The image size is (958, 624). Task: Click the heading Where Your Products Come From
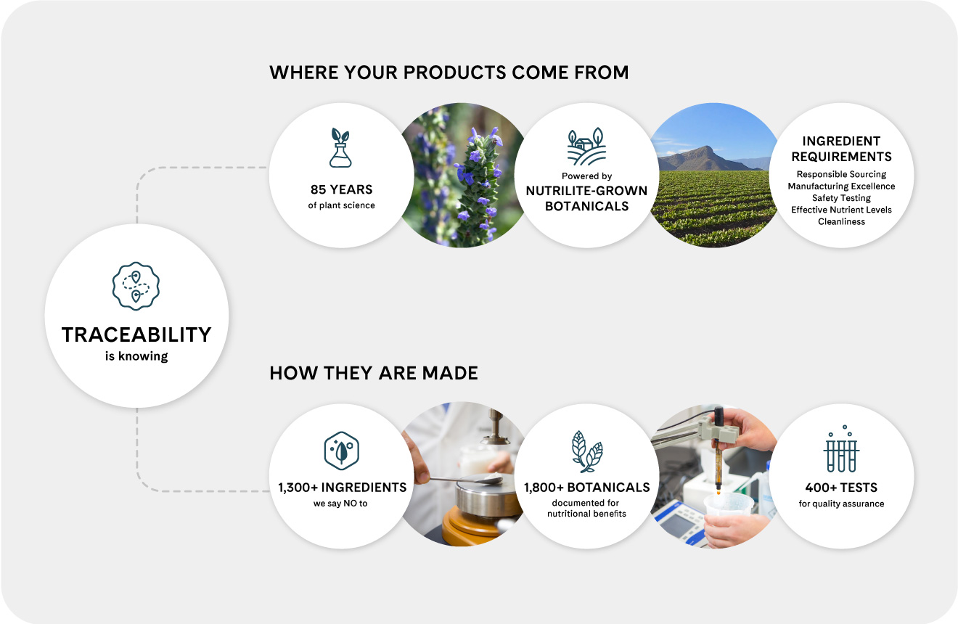click(x=449, y=73)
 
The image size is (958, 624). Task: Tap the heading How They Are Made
click(x=374, y=374)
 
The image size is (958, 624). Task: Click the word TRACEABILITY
click(x=136, y=334)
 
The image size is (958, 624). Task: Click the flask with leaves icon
click(x=340, y=148)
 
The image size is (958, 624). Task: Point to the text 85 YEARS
click(x=340, y=189)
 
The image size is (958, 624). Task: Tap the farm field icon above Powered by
click(x=586, y=148)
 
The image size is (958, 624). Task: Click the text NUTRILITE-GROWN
click(x=586, y=191)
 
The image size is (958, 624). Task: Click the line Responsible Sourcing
click(x=841, y=174)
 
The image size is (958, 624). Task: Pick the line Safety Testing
click(x=841, y=198)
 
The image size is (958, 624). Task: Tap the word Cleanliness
click(x=841, y=221)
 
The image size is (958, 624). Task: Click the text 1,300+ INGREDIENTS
click(x=342, y=487)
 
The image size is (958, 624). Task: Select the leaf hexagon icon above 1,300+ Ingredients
click(x=341, y=450)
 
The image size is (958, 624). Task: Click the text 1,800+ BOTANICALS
click(x=587, y=487)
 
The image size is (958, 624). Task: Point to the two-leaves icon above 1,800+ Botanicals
click(x=586, y=450)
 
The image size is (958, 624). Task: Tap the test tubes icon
click(x=841, y=450)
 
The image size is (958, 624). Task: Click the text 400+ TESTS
click(x=841, y=488)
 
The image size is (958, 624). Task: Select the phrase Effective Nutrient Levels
click(x=841, y=210)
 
